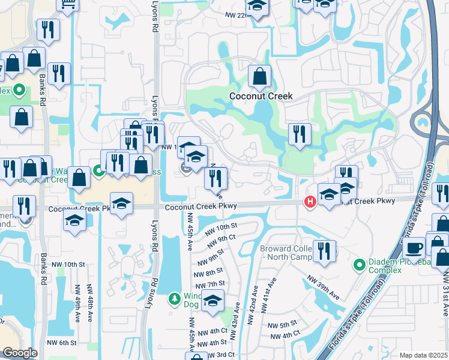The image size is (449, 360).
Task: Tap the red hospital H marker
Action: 310,202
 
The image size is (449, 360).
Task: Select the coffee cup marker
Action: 414,247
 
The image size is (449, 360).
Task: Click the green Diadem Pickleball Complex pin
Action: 360,264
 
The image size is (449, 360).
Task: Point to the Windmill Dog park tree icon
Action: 174,298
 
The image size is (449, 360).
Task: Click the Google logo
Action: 20,353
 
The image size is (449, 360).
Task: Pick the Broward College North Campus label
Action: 286,253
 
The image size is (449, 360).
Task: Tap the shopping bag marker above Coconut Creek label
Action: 259,76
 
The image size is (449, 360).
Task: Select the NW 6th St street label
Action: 64,343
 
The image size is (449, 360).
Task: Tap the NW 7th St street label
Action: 214,284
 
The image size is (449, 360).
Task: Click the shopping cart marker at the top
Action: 68,4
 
